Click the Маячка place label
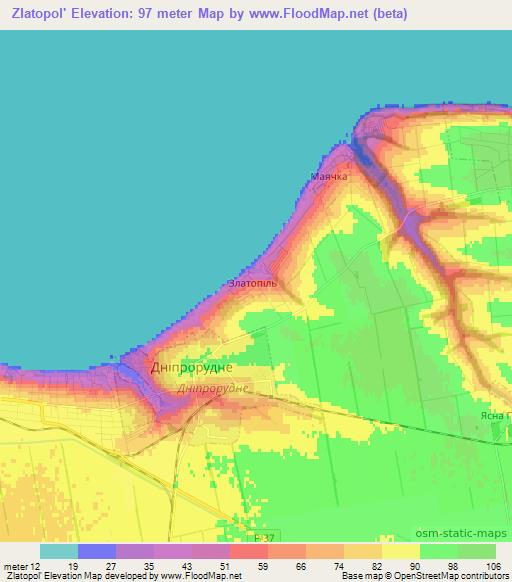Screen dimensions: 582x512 coord(329,177)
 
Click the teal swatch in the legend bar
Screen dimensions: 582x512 coord(59,551)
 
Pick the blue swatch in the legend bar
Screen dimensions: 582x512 coord(97,551)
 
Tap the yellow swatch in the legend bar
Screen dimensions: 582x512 coord(401,551)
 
